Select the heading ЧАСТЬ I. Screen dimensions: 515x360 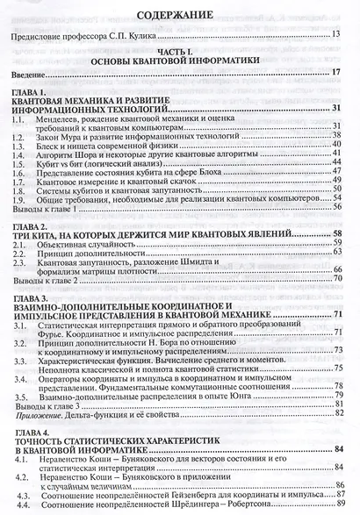coord(179,52)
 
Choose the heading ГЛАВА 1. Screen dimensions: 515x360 coord(33,92)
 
